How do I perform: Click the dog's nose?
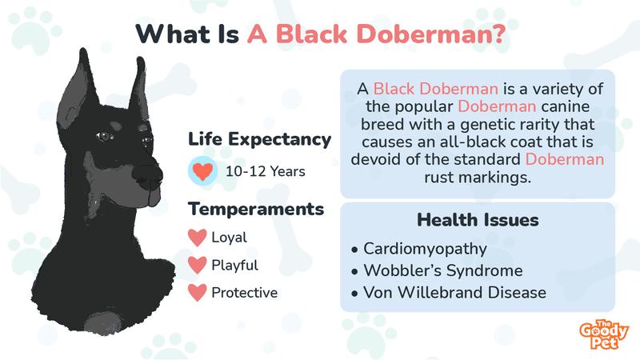pos(148,175)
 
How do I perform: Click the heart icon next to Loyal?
pos(197,238)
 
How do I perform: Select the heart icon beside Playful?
pos(197,266)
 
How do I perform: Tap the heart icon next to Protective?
pos(197,293)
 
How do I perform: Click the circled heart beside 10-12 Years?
pos(202,171)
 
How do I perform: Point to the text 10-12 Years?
pos(266,171)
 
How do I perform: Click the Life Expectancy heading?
pos(259,139)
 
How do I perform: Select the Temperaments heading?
pos(256,209)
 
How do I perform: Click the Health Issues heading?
pos(478,220)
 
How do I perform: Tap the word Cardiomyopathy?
pos(425,249)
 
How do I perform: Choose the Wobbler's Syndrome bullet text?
pos(443,270)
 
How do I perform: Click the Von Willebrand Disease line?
pos(454,293)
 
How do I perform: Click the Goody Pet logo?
pos(604,334)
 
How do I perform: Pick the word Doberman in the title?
pos(431,34)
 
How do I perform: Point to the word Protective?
pos(245,293)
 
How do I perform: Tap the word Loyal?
pos(229,238)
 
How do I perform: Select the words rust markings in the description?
pos(478,178)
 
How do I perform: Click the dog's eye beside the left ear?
pos(104,136)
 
